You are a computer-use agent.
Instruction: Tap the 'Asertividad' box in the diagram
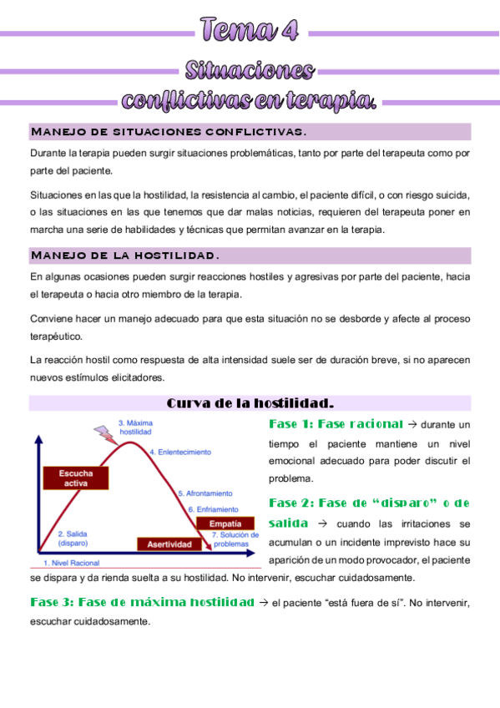coord(169,544)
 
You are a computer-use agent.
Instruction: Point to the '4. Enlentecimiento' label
coord(180,452)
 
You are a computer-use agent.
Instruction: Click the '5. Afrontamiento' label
coord(205,494)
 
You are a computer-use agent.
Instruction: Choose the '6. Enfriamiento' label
coord(212,508)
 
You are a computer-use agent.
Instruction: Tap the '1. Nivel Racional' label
coord(72,563)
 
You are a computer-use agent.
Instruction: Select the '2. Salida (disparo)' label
coord(73,538)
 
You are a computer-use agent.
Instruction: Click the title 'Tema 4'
coord(250,30)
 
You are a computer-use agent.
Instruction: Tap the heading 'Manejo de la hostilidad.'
coord(125,255)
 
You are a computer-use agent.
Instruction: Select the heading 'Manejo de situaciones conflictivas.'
coord(168,132)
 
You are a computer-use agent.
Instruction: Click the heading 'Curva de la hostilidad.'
coord(250,403)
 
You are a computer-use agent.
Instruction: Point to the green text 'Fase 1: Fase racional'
coord(336,424)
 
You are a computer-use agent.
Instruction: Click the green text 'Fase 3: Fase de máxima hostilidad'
coord(142,602)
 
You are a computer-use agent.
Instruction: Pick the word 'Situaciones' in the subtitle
coord(250,69)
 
